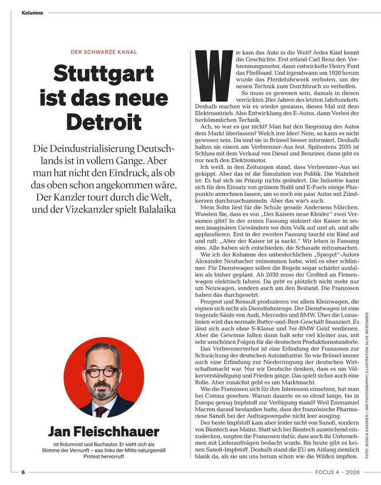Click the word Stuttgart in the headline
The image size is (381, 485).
point(103,76)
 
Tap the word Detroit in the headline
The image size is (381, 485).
point(103,122)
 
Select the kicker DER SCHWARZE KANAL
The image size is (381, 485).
point(104,52)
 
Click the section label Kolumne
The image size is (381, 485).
point(32,12)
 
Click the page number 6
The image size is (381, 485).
point(23,472)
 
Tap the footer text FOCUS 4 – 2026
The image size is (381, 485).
point(338,472)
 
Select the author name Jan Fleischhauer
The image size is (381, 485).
point(103,431)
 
